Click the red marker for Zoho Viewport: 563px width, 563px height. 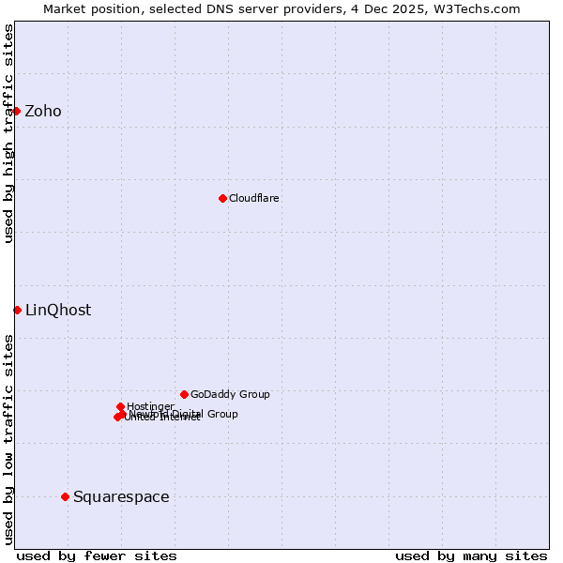(x=16, y=111)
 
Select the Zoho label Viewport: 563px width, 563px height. (x=43, y=112)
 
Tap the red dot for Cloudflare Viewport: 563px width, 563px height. (x=222, y=198)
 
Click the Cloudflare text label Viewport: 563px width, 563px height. (x=254, y=199)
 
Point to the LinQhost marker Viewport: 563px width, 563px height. (x=17, y=310)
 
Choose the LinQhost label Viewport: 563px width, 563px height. (x=58, y=311)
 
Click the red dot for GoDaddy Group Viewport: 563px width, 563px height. (x=184, y=394)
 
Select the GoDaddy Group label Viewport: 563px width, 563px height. (x=230, y=395)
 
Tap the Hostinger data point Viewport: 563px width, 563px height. (x=120, y=406)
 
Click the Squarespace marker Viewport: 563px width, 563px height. (x=65, y=496)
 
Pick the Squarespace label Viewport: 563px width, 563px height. (x=121, y=497)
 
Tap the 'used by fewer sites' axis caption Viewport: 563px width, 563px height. (x=97, y=555)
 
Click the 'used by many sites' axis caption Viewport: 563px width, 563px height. (x=471, y=555)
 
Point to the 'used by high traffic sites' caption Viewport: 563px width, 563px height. (x=8, y=133)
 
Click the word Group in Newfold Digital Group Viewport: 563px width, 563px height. (x=221, y=414)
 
